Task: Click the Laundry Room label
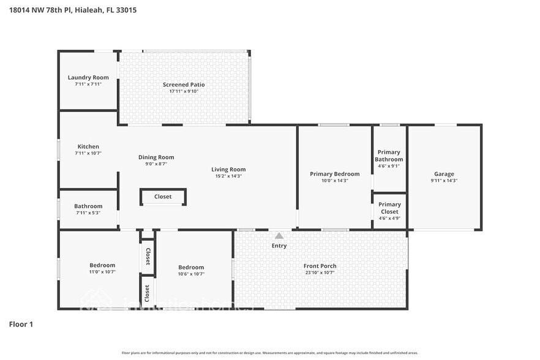pyautogui.click(x=88, y=77)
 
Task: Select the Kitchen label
pyautogui.click(x=88, y=146)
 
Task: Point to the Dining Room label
pyautogui.click(x=156, y=157)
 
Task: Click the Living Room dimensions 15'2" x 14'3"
pyautogui.click(x=228, y=176)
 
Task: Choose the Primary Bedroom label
pyautogui.click(x=334, y=174)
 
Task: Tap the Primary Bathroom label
pyautogui.click(x=389, y=156)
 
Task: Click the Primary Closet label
pyautogui.click(x=389, y=208)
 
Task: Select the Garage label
pyautogui.click(x=444, y=174)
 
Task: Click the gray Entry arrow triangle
pyautogui.click(x=279, y=236)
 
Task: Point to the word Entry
pyautogui.click(x=279, y=246)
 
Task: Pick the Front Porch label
pyautogui.click(x=320, y=266)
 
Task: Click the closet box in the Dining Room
pyautogui.click(x=163, y=197)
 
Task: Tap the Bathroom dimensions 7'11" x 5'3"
pyautogui.click(x=88, y=213)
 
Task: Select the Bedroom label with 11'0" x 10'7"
pyautogui.click(x=102, y=265)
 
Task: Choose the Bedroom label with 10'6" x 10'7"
pyautogui.click(x=191, y=267)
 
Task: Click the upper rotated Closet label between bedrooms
pyautogui.click(x=148, y=257)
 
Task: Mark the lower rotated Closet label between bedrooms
pyautogui.click(x=148, y=293)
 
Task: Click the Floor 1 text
pyautogui.click(x=21, y=324)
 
